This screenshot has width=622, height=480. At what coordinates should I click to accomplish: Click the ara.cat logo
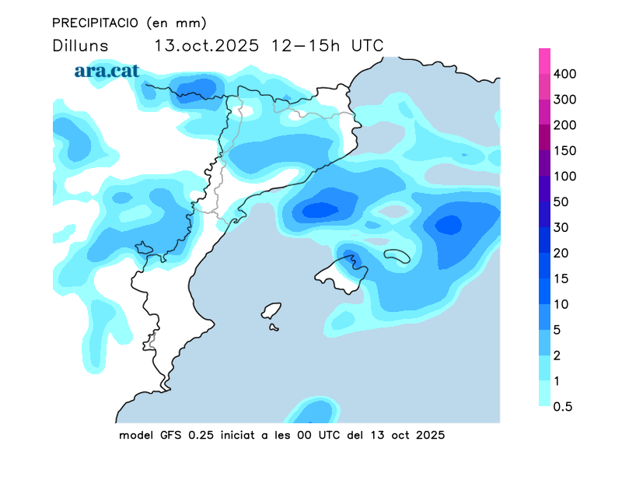[x=107, y=71]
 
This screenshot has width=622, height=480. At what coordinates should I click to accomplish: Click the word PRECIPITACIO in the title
[x=96, y=22]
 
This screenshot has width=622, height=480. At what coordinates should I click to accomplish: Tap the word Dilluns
[x=80, y=45]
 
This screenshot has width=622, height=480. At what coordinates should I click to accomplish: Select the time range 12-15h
[x=306, y=45]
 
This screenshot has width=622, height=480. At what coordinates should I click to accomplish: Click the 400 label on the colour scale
[x=564, y=74]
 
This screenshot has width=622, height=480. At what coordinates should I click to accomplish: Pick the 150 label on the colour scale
[x=564, y=151]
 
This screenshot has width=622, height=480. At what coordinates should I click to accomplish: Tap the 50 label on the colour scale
[x=561, y=202]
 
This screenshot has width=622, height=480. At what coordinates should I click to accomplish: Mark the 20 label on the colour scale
[x=561, y=254]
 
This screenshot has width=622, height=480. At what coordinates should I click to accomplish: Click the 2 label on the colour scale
[x=557, y=356]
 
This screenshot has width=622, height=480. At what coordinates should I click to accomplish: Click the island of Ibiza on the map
[x=271, y=310]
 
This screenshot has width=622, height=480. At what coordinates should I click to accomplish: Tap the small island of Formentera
[x=274, y=328]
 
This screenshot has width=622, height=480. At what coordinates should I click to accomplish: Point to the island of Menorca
[x=397, y=255]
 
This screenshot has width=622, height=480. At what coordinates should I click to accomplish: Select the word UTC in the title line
[x=367, y=45]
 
